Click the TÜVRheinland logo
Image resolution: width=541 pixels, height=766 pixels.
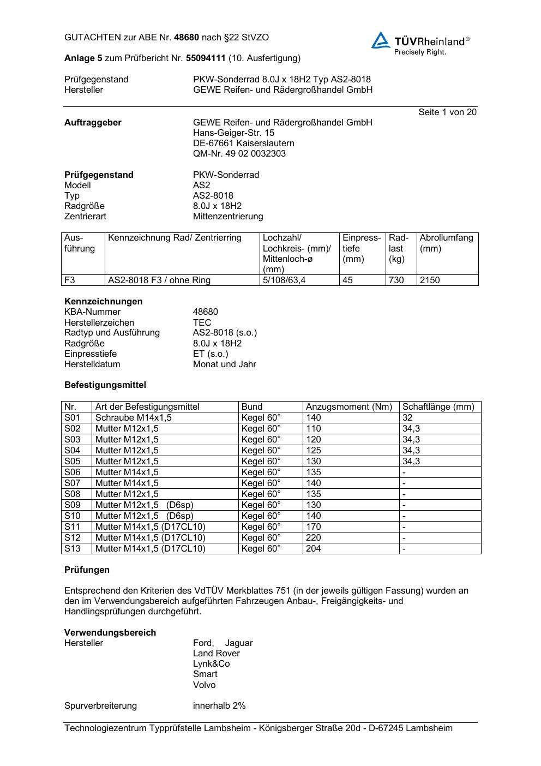point(420,43)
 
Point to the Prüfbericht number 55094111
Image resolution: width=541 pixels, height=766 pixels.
point(206,58)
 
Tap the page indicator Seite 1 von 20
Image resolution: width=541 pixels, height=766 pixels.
point(447,112)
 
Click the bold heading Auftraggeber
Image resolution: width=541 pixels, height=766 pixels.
point(93,123)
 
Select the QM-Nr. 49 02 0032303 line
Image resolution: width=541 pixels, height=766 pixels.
point(239,154)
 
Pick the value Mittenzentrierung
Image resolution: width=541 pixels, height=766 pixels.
point(228,217)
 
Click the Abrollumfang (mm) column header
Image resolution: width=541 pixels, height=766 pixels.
point(446,243)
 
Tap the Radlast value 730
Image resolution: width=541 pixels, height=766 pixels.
point(396,280)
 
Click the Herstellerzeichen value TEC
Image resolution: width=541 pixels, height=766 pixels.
point(202,322)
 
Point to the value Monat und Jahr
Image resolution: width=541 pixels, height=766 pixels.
point(224,364)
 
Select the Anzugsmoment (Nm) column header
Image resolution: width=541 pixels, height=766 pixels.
point(349,407)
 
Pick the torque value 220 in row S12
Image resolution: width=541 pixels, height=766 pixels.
point(314,538)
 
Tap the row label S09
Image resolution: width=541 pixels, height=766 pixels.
point(73,505)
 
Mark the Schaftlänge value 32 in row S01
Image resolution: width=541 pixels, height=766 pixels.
point(407,418)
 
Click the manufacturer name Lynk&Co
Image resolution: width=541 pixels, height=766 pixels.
point(211,664)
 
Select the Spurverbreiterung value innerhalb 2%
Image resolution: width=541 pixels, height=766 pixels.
point(219,706)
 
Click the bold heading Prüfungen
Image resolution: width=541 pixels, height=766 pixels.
point(87,570)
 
